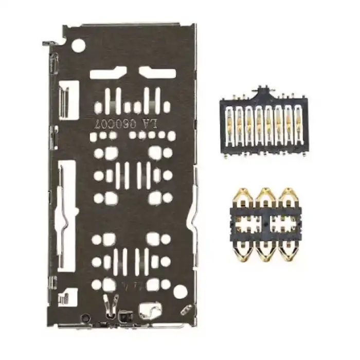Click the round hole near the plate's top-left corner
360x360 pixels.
pos(79,46)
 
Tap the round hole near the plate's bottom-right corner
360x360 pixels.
pos(179,292)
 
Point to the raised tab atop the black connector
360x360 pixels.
pos(263,92)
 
